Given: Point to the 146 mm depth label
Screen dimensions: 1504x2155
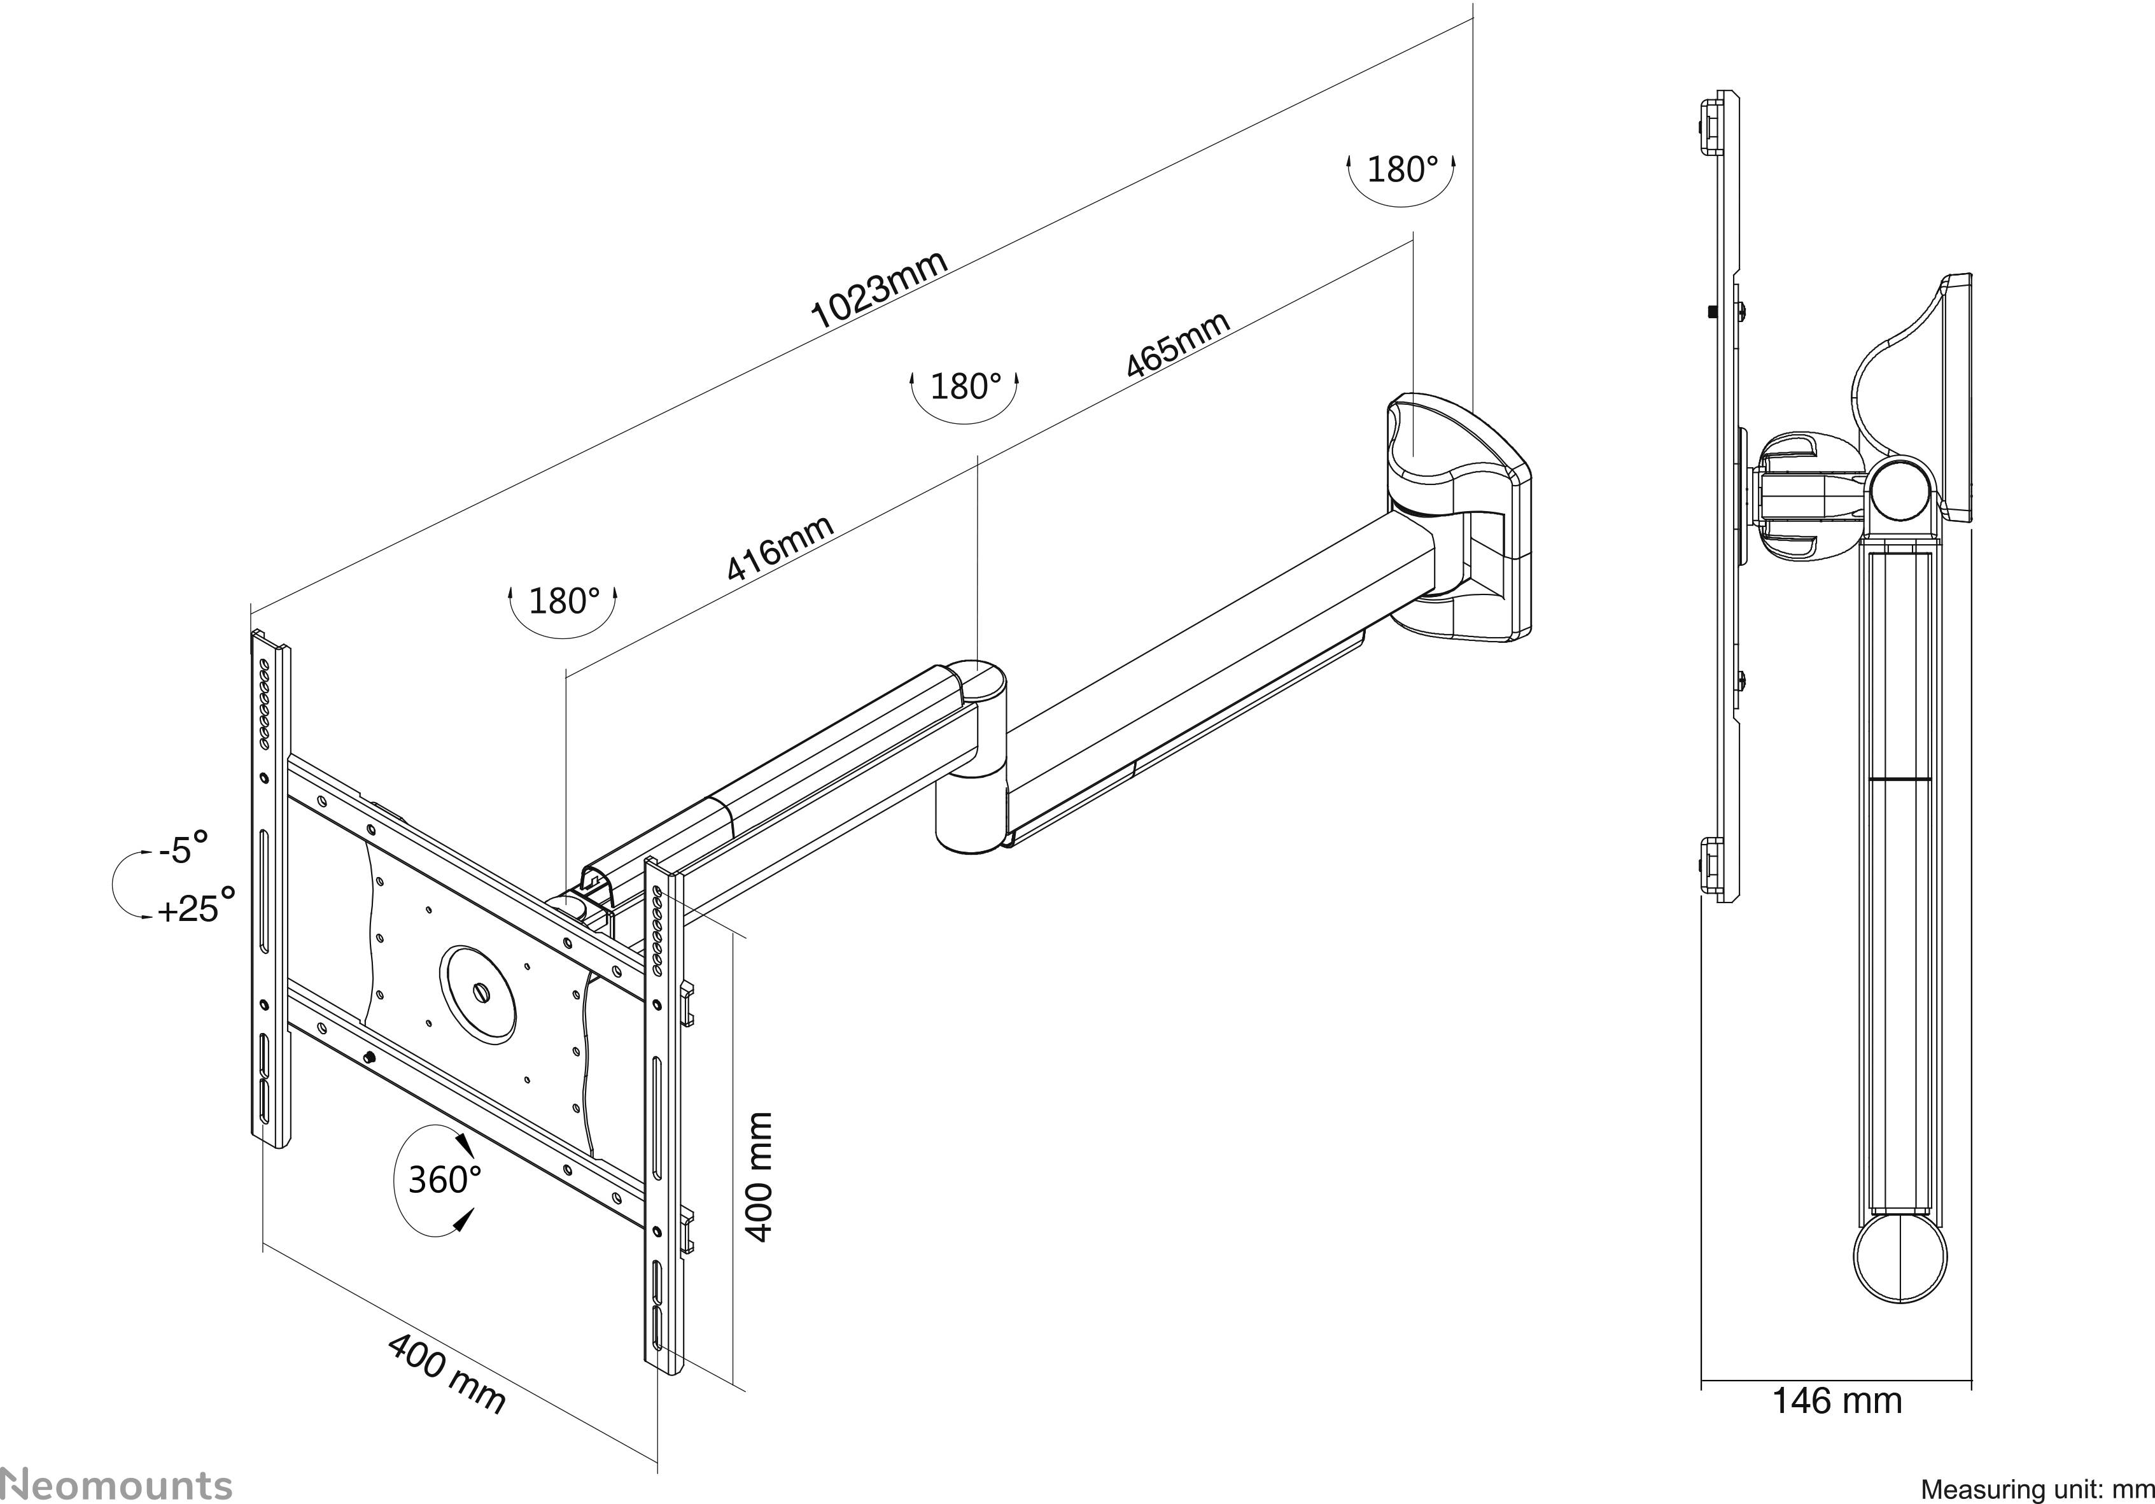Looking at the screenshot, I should click(1836, 1427).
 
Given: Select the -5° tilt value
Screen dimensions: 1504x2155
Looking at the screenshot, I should click(183, 848).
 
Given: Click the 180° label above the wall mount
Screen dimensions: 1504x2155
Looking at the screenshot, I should click(1401, 170).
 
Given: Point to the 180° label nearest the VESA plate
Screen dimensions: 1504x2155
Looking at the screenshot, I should click(563, 601).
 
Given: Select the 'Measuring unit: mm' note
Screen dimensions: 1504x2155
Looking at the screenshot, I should click(2036, 1489).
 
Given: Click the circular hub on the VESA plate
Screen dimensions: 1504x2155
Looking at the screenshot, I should click(478, 994).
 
